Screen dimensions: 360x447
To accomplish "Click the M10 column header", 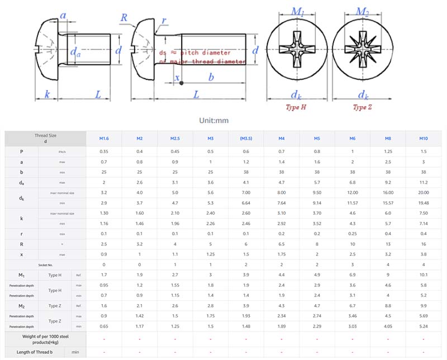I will click(x=424, y=138).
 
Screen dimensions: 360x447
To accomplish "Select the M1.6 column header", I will click(x=104, y=138).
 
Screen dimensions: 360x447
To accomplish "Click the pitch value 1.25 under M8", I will click(x=388, y=151).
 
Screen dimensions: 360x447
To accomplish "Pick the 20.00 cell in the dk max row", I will click(x=424, y=192).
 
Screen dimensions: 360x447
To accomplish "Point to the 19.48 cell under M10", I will click(x=424, y=202).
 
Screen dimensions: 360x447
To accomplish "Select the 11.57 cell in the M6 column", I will click(x=353, y=202).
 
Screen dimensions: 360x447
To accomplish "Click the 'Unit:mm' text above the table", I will click(x=214, y=120).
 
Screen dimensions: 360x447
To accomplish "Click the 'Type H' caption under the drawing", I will click(x=296, y=107).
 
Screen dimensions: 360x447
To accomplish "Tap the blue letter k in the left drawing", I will click(x=47, y=94).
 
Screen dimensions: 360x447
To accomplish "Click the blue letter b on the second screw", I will click(x=211, y=78).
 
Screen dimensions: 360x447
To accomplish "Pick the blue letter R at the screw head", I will click(x=124, y=17).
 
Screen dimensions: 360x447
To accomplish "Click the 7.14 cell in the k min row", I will click(x=424, y=223).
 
